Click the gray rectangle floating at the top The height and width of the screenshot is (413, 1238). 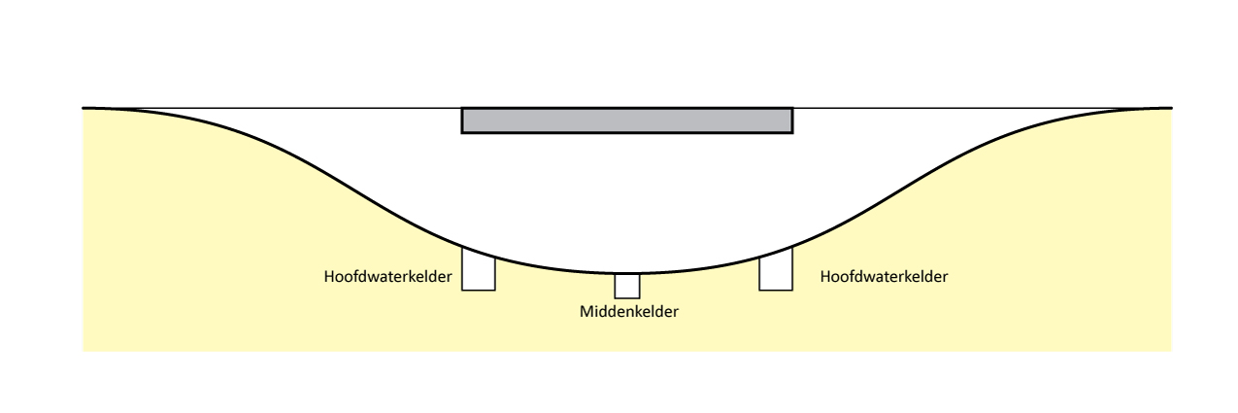pos(626,120)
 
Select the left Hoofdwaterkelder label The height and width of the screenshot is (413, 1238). pos(387,277)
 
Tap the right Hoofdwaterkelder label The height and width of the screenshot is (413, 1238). pos(884,277)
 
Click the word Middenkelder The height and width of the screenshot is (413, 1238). pos(628,312)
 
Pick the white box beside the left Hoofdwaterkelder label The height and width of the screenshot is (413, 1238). pos(478,270)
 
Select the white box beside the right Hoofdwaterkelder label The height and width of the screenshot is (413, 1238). pos(776,269)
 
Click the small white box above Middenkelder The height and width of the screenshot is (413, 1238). pos(627,286)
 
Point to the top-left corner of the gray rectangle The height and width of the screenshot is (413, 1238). pos(462,108)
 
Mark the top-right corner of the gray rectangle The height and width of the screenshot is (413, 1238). pos(792,108)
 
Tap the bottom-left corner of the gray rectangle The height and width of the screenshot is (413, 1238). pos(462,131)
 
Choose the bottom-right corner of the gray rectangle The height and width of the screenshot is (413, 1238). pos(792,131)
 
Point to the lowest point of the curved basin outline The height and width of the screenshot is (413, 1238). pos(627,273)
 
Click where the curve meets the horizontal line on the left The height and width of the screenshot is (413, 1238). pos(85,108)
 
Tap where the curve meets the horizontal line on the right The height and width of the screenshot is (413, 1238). pos(1169,108)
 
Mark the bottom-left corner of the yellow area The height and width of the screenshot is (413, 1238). pos(84,350)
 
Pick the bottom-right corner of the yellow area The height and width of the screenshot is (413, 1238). pos(1171,350)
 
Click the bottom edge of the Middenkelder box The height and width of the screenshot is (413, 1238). pos(627,298)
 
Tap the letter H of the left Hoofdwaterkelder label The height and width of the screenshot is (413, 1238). pos(329,277)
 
